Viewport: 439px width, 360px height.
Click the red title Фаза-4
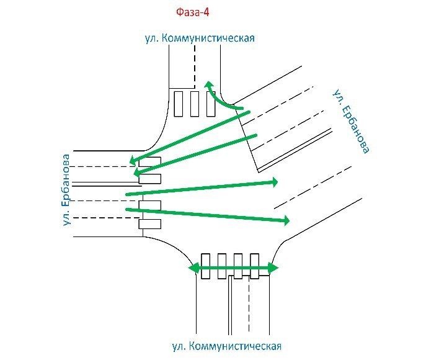(193, 12)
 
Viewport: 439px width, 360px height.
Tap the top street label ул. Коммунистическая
(200, 38)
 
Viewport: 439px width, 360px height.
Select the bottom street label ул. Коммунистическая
(227, 346)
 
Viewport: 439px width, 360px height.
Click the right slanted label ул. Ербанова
(351, 122)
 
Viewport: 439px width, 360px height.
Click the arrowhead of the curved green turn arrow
(209, 85)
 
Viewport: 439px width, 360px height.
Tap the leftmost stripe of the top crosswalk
(179, 104)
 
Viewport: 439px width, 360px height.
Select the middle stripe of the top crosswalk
(195, 104)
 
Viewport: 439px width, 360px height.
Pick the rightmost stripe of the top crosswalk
(211, 104)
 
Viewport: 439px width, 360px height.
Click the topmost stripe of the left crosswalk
(150, 161)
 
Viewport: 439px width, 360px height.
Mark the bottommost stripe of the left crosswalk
(150, 224)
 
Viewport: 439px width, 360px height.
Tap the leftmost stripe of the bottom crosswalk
(205, 266)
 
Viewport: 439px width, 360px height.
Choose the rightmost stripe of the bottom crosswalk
(254, 266)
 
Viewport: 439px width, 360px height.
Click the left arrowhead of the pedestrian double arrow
(193, 269)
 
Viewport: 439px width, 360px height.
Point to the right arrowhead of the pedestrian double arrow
(273, 268)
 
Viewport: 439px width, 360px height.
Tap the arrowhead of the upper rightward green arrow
(274, 182)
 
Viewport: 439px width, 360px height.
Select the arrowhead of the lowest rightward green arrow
(286, 221)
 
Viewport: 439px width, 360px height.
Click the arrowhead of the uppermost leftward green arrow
(133, 161)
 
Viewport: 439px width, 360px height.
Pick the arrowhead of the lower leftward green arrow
(137, 172)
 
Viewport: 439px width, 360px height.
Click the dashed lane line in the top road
(195, 66)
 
